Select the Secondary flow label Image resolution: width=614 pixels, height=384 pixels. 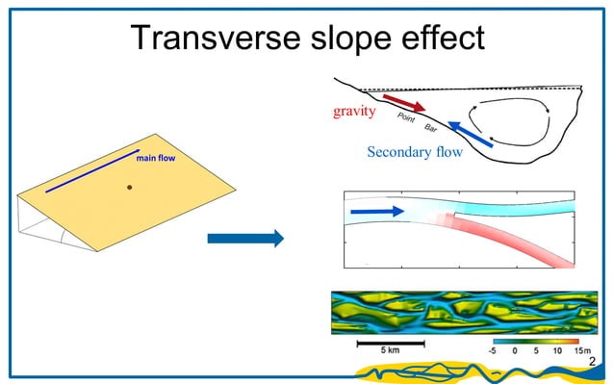[414, 151]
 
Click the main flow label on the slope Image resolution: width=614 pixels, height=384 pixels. [154, 157]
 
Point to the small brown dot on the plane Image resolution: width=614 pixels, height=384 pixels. [130, 188]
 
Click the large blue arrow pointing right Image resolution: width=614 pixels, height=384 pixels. [245, 238]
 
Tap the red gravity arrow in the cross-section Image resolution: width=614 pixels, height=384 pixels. [403, 102]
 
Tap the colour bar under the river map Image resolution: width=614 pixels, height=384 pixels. [534, 341]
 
